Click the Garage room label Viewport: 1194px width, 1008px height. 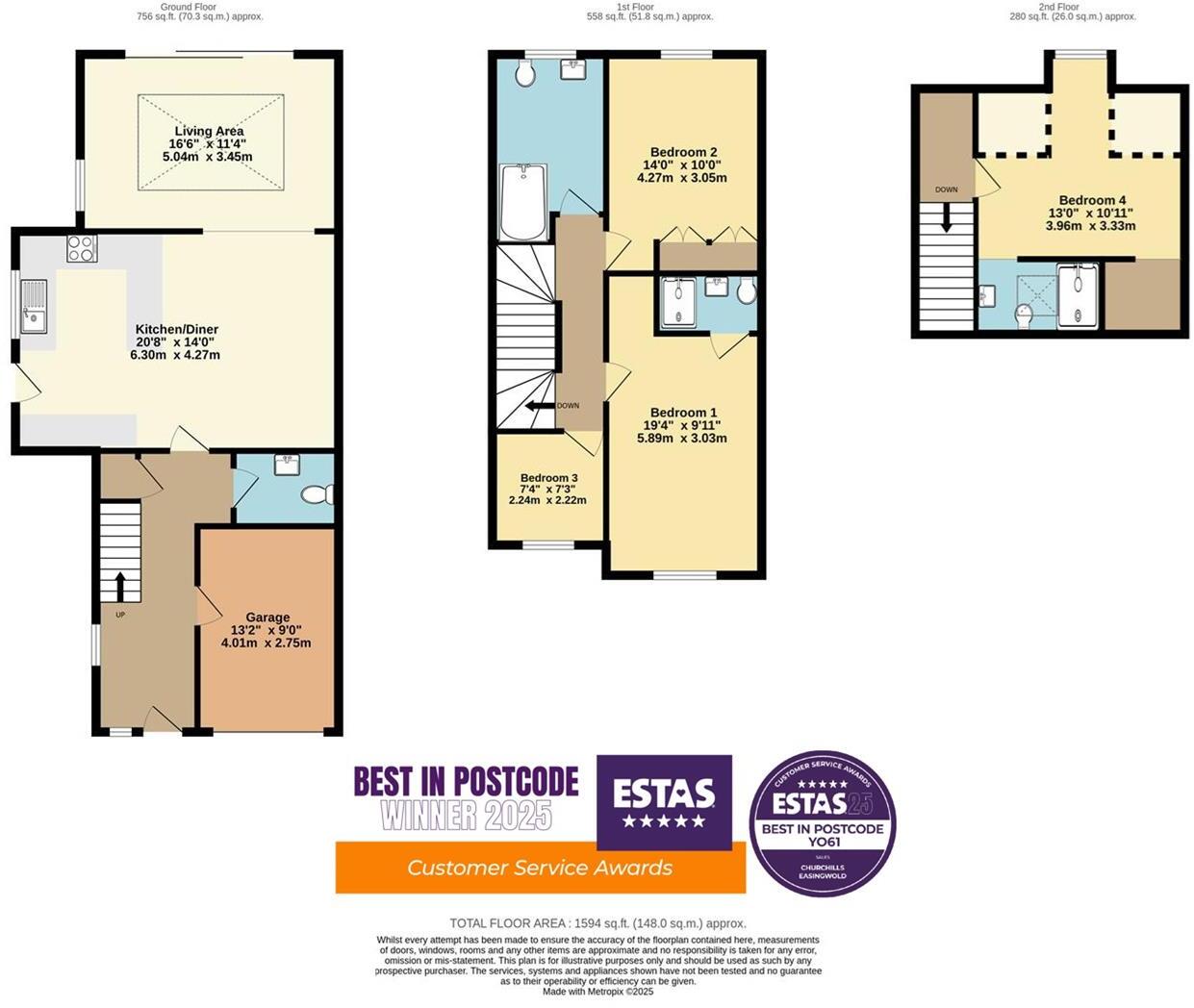267,617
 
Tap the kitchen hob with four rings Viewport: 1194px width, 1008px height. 81,249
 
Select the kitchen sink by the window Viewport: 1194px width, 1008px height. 35,306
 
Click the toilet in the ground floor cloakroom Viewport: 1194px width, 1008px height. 316,495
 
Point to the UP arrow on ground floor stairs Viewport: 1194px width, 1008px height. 120,584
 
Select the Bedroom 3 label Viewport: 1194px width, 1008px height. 548,478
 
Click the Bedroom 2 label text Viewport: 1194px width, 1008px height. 683,152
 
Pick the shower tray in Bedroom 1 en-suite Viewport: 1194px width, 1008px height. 681,301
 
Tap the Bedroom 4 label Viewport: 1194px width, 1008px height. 1091,201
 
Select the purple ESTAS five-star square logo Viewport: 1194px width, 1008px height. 664,802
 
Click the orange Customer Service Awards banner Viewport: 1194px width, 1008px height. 540,868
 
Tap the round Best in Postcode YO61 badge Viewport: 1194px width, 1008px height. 823,823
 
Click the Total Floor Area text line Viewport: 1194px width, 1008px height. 597,923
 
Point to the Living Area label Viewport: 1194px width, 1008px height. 209,131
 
